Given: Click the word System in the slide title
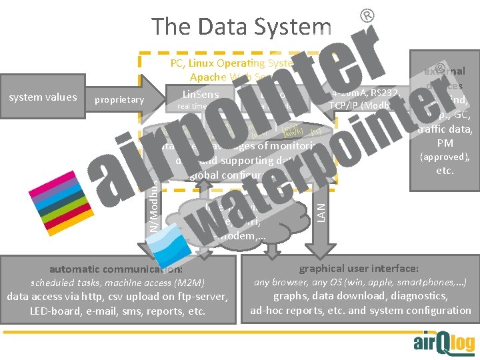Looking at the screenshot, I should click(294, 27).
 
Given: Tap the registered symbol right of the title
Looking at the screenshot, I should click(366, 14).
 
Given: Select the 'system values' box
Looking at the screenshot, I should click(43, 97).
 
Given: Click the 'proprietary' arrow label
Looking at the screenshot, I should click(119, 100).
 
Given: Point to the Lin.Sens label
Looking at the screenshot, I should click(201, 95).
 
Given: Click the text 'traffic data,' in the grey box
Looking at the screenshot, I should click(445, 129).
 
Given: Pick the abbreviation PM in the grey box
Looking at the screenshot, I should click(445, 143).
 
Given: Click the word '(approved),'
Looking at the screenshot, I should click(445, 157).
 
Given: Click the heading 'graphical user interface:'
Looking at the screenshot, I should click(359, 268).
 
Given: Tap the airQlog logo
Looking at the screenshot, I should click(444, 342).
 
